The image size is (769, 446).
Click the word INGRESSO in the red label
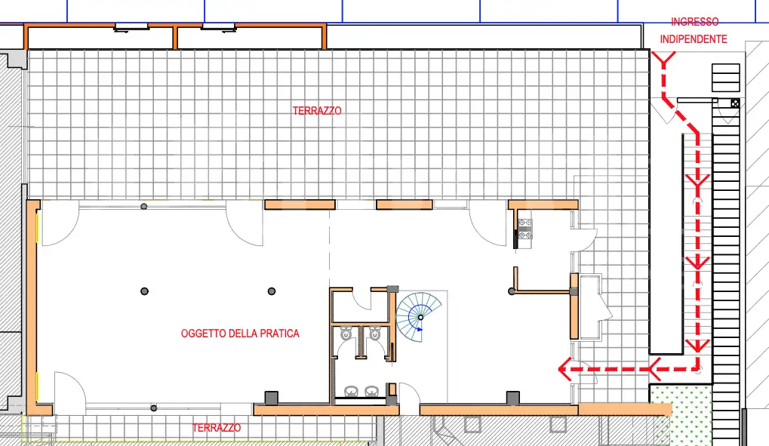click(694, 23)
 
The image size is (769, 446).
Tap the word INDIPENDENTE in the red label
click(694, 38)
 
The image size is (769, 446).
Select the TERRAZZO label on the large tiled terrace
click(317, 111)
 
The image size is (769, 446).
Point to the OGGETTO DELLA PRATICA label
click(240, 334)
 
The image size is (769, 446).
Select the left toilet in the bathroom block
click(346, 333)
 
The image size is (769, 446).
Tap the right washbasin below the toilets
click(371, 391)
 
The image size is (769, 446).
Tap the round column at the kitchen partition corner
click(512, 291)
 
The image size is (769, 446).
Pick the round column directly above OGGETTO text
click(271, 291)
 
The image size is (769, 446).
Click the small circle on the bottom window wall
click(153, 408)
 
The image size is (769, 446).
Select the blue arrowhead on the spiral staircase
click(420, 329)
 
